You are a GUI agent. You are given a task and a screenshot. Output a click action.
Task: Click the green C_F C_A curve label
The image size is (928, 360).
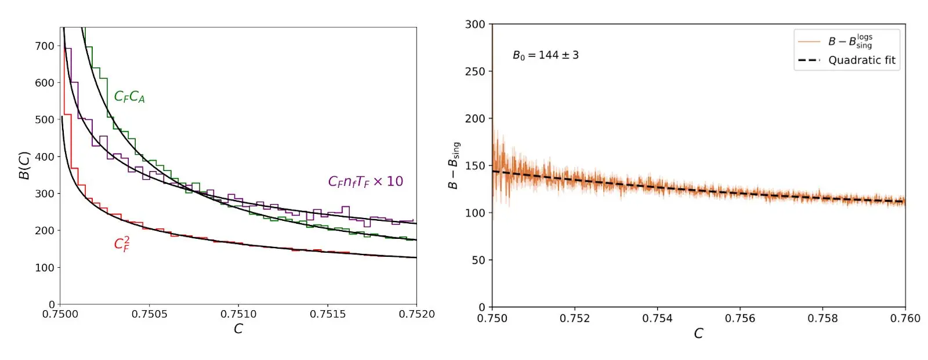(x=129, y=97)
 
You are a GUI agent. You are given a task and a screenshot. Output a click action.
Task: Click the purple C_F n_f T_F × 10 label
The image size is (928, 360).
(x=365, y=181)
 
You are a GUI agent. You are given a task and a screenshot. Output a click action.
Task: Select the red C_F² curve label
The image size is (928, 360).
(x=122, y=243)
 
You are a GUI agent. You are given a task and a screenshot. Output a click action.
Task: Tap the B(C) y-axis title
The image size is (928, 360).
(x=24, y=166)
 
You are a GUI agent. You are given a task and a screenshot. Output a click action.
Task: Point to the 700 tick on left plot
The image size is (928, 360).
(x=45, y=46)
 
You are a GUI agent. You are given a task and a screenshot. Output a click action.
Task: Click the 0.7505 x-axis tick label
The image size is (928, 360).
(x=149, y=314)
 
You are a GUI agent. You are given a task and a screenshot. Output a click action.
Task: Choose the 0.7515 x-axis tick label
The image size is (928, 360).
(x=328, y=314)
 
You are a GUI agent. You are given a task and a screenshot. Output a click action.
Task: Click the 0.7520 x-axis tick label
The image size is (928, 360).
(x=416, y=314)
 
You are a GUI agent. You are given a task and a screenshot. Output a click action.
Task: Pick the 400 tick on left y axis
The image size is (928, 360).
(x=45, y=157)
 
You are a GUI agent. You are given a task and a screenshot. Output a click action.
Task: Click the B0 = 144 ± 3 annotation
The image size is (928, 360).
(x=545, y=55)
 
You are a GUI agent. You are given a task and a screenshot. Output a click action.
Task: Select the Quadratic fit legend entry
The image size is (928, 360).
(x=861, y=60)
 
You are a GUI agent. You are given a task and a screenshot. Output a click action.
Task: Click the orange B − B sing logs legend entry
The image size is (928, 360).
(x=850, y=41)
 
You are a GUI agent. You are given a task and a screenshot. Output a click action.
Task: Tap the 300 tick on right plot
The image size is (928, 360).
(x=474, y=24)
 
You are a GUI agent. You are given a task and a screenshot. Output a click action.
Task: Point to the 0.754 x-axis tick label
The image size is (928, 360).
(x=657, y=318)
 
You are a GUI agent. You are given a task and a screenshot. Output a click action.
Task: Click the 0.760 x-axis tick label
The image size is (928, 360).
(x=905, y=318)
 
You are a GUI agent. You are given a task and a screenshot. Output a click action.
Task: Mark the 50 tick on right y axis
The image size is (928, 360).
(x=478, y=260)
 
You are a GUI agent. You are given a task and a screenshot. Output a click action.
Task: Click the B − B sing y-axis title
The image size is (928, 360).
(x=454, y=166)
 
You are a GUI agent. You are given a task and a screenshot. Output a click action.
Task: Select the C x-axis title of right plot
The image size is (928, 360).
(x=698, y=333)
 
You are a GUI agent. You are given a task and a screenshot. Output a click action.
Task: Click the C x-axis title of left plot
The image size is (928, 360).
(x=238, y=329)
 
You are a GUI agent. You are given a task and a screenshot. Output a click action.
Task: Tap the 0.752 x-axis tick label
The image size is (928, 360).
(x=574, y=318)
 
